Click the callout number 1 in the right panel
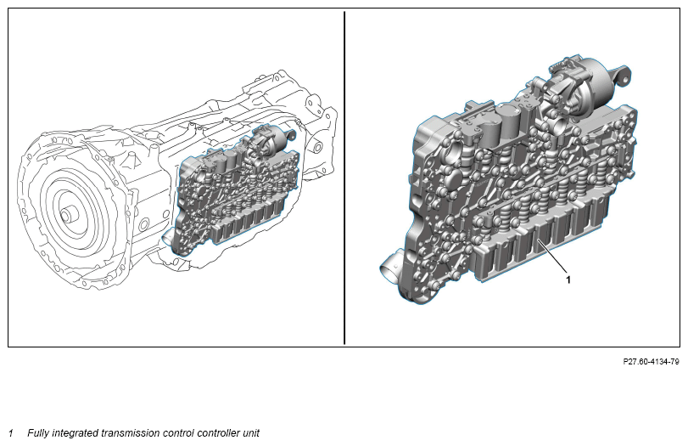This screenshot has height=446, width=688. (568, 279)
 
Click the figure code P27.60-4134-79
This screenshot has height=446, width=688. (651, 362)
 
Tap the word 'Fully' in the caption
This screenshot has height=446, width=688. (38, 433)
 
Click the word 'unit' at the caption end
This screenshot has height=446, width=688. (250, 433)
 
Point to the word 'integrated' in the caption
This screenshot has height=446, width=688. (75, 433)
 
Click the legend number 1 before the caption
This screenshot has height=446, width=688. (11, 433)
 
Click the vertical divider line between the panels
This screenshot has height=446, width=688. (344, 178)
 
